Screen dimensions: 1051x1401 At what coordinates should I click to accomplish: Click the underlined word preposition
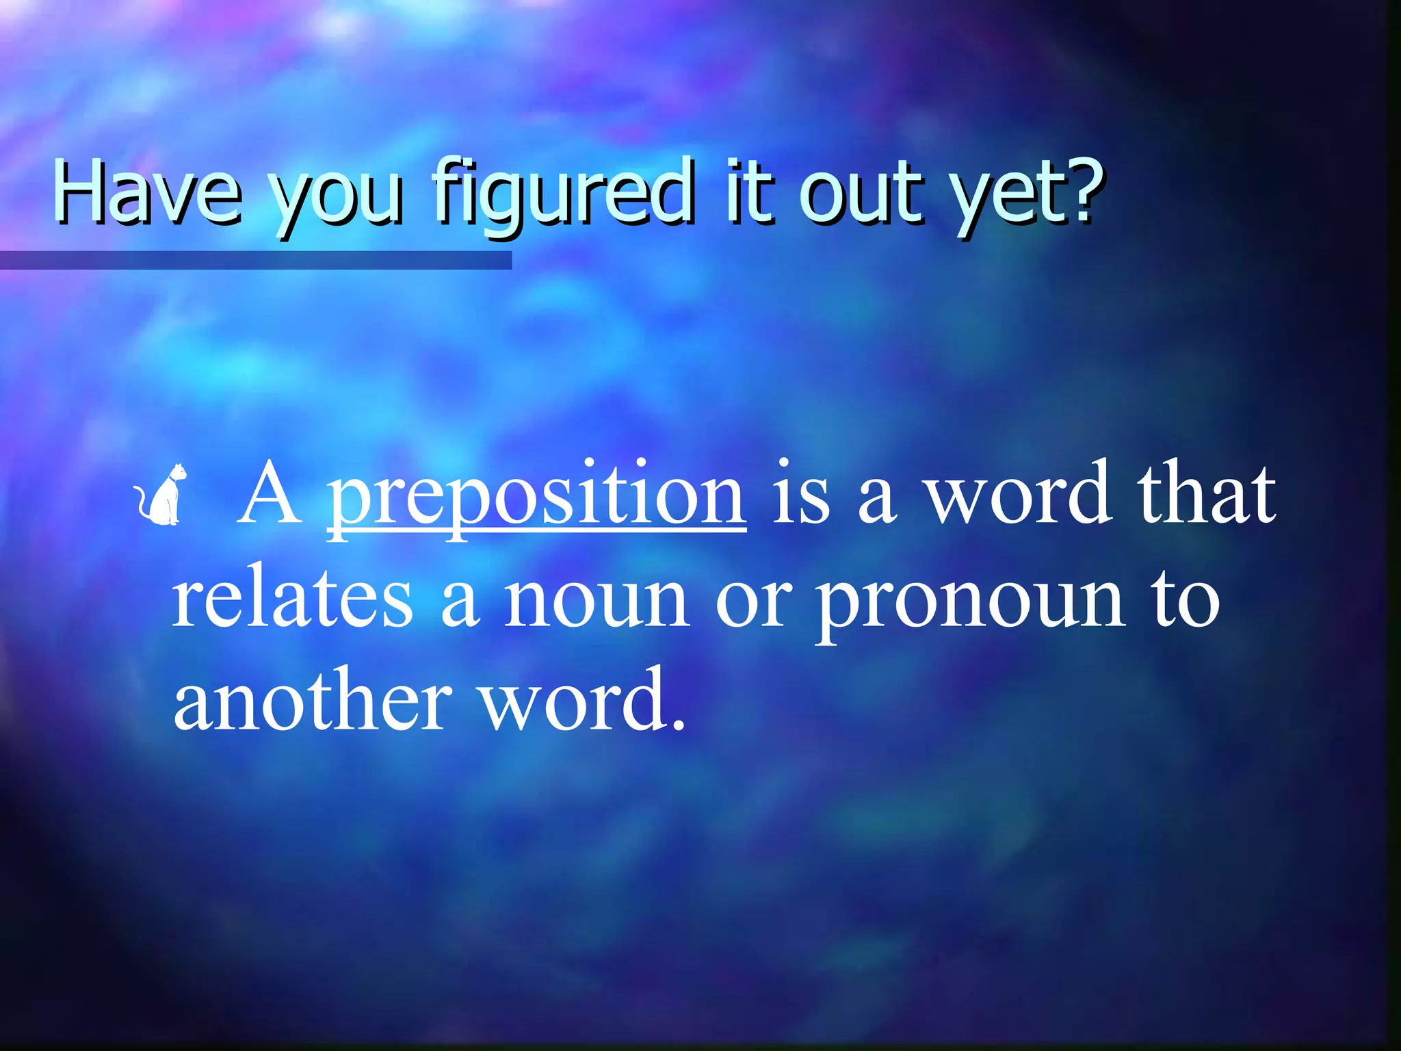536,495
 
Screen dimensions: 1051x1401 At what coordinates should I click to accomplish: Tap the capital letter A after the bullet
270,494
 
